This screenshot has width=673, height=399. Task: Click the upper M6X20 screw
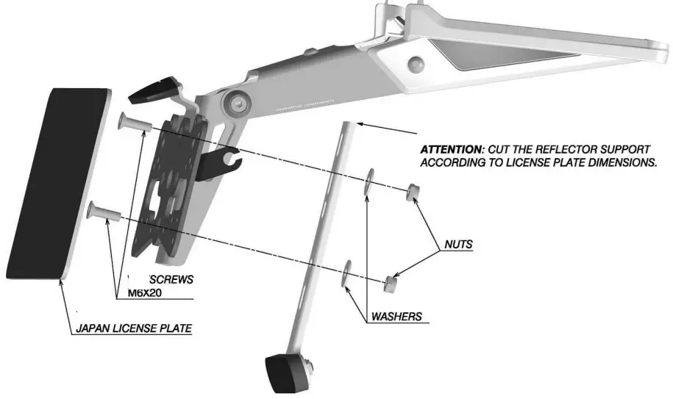point(133,122)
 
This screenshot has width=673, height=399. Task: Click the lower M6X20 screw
point(102,212)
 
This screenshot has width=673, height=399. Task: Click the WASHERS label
point(396,317)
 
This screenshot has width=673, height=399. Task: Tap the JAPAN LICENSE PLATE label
point(133,329)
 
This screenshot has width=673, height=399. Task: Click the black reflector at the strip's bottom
point(283,372)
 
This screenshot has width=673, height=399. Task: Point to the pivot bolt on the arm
point(238,104)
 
